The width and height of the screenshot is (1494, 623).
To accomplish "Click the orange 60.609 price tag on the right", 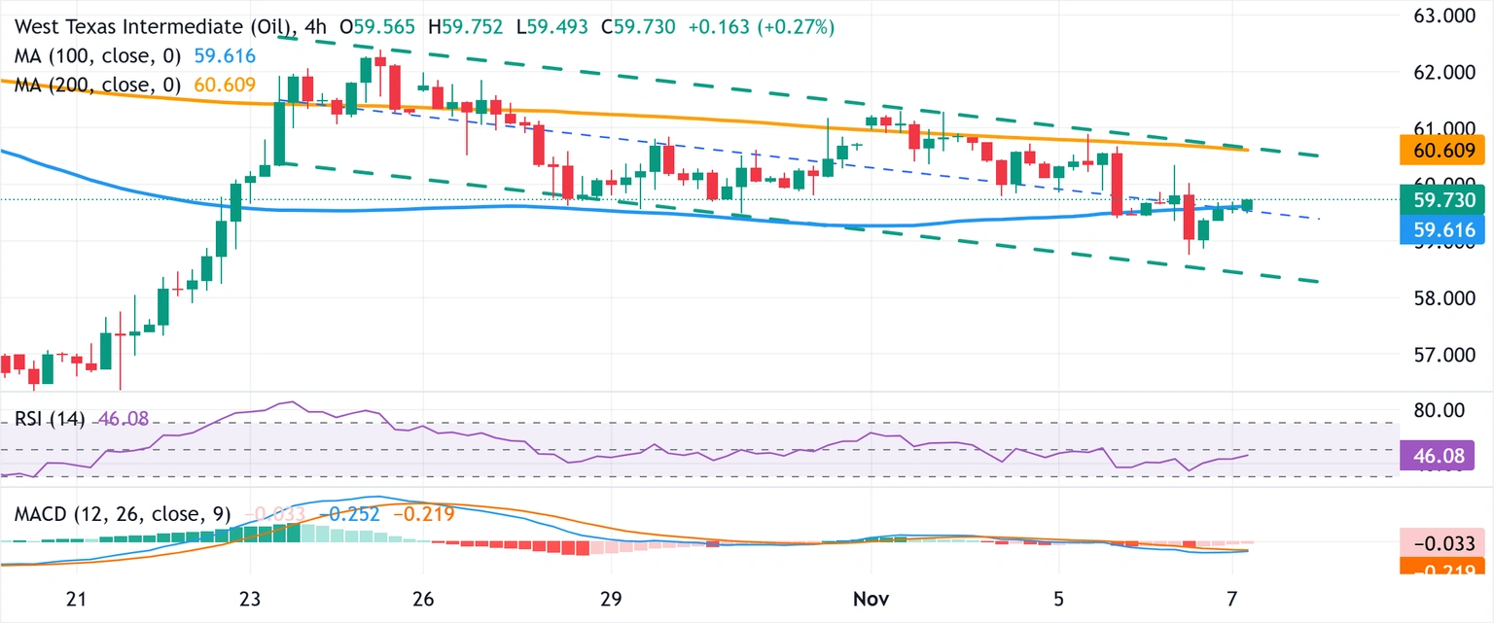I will (x=1444, y=151).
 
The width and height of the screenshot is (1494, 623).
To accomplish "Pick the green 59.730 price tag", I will (x=1444, y=200).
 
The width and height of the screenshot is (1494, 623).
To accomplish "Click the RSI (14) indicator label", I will (x=50, y=419).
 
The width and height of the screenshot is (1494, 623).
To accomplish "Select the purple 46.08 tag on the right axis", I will (x=1444, y=455).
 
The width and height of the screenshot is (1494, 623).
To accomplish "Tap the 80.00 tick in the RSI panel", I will (x=1440, y=410).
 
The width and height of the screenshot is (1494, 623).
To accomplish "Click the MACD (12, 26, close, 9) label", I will (x=122, y=514).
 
